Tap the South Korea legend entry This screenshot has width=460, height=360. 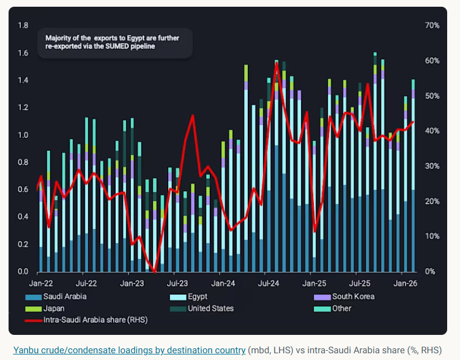pyautogui.click(x=353, y=297)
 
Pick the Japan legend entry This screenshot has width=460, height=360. pyautogui.click(x=54, y=309)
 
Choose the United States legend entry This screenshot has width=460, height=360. pyautogui.click(x=210, y=309)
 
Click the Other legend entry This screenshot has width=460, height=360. pyautogui.click(x=341, y=309)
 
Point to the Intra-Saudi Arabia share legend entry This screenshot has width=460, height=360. pyautogui.click(x=95, y=320)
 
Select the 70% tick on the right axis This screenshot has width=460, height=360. pyautogui.click(x=432, y=25)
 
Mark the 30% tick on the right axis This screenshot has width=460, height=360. pyautogui.click(x=432, y=167)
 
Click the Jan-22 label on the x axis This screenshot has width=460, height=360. pyautogui.click(x=40, y=283)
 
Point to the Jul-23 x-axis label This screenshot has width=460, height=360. pyautogui.click(x=177, y=283)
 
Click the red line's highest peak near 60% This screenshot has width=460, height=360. pyautogui.click(x=276, y=63)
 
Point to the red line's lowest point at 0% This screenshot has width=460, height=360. pyautogui.click(x=155, y=271)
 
